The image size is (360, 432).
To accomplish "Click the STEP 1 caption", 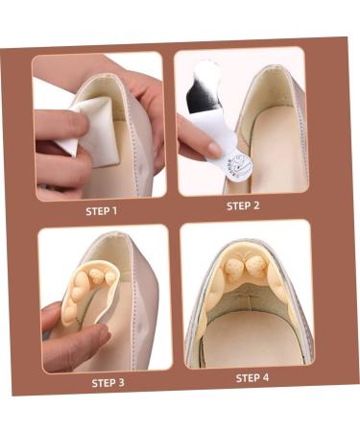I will (102, 211).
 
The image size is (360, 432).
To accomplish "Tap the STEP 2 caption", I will (242, 205).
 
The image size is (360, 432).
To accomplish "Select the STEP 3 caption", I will (108, 382).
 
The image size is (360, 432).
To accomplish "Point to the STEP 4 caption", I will (252, 377).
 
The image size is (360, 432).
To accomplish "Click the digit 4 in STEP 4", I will (266, 377).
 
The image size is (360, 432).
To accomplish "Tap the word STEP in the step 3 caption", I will (103, 382).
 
